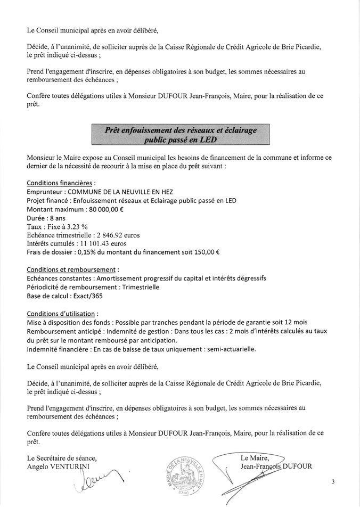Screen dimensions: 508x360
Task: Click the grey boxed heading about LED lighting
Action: (179, 132)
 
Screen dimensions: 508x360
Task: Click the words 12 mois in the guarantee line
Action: (317, 322)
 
